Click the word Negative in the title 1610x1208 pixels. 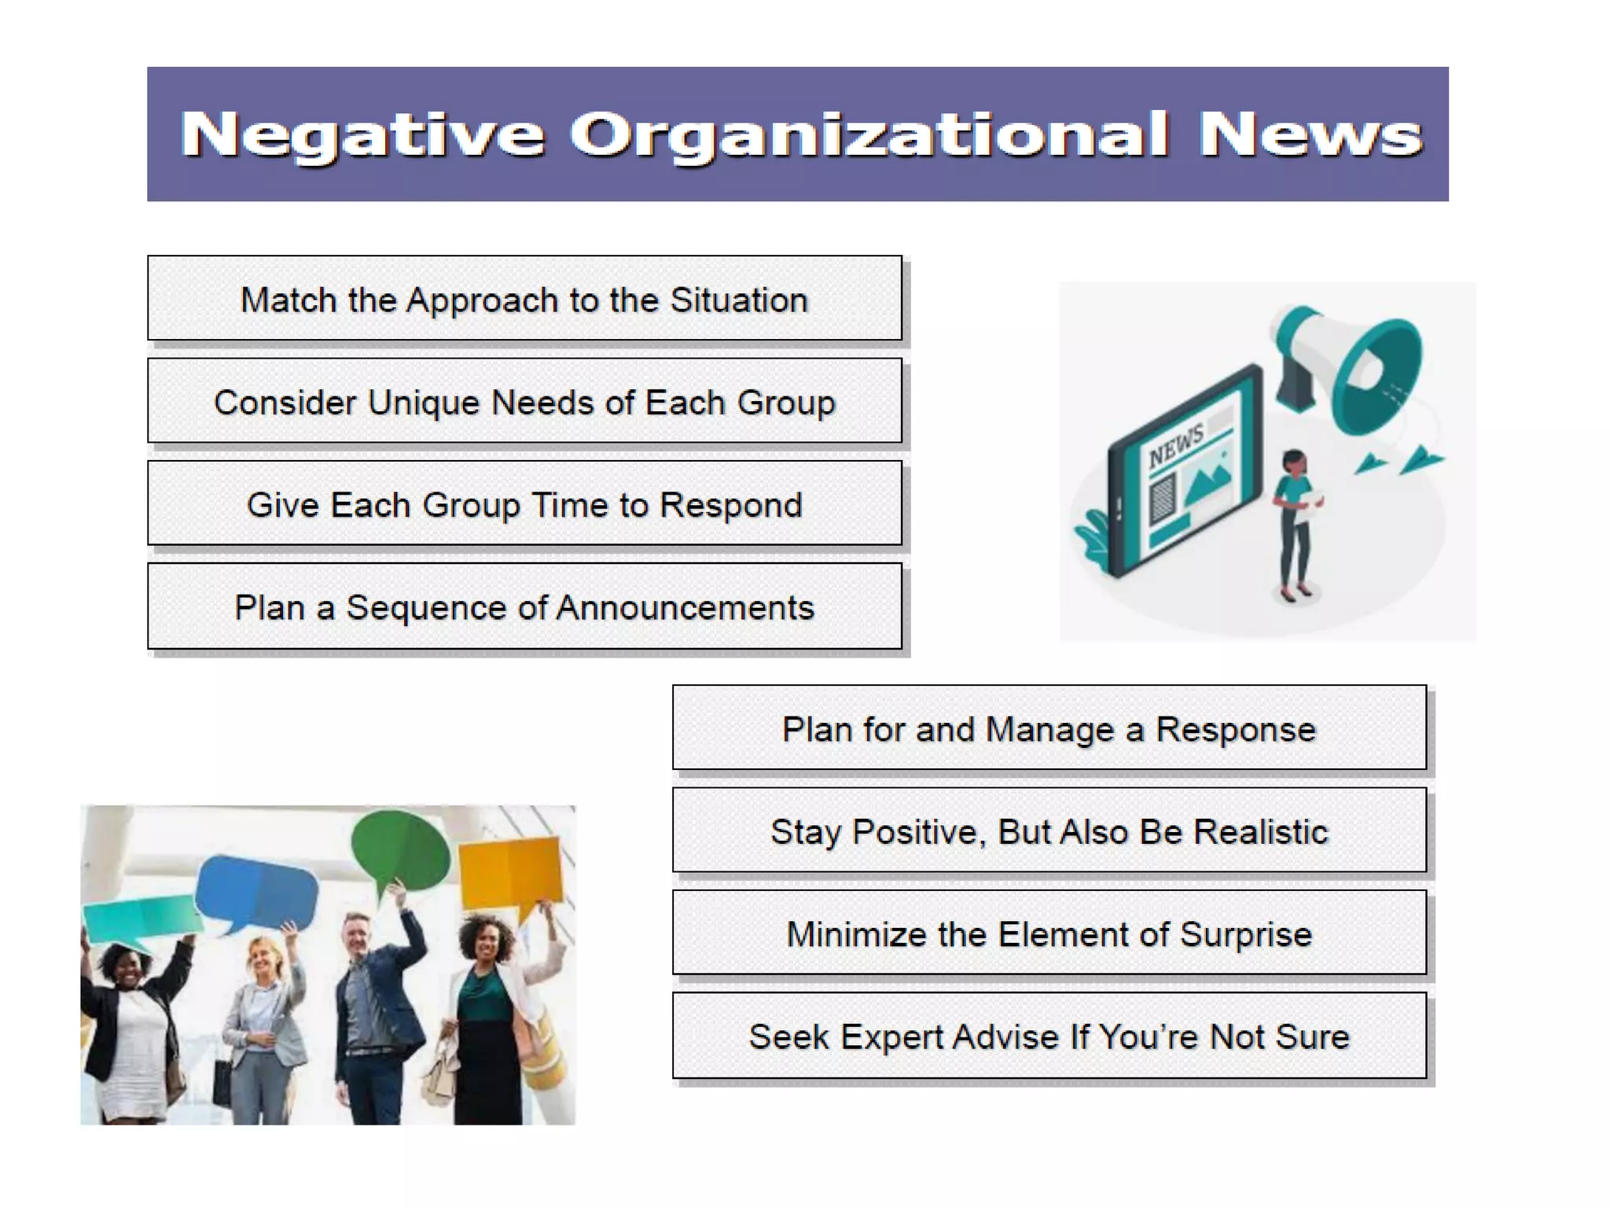(x=362, y=135)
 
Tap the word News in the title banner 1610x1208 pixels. (x=1310, y=135)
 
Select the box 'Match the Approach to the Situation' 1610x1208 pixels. (x=524, y=299)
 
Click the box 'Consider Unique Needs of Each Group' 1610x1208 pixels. (x=524, y=401)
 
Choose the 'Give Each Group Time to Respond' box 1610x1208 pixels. (x=524, y=504)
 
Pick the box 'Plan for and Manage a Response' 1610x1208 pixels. (x=1049, y=728)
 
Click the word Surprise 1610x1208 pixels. (x=1245, y=934)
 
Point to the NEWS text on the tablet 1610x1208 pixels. (x=1175, y=446)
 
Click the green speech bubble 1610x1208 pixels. (x=400, y=852)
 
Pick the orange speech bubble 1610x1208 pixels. (x=511, y=873)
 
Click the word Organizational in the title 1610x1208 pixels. (x=868, y=135)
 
